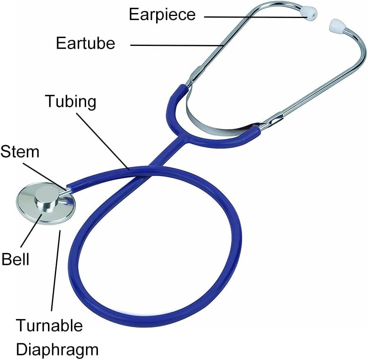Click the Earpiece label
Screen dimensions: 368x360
[x=162, y=15]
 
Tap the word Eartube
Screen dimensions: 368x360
[x=86, y=43]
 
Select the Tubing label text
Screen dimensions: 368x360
[x=71, y=101]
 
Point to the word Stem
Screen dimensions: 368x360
[x=20, y=152]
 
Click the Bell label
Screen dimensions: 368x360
[x=16, y=259]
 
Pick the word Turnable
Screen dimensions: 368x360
[x=49, y=326]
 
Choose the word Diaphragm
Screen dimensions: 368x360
[x=57, y=349]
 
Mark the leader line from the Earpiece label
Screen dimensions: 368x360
[x=254, y=16]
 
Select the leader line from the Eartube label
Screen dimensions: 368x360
[x=176, y=45]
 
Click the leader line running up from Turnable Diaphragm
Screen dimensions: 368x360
[x=56, y=270]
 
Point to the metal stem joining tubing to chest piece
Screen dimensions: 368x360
[x=67, y=189]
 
